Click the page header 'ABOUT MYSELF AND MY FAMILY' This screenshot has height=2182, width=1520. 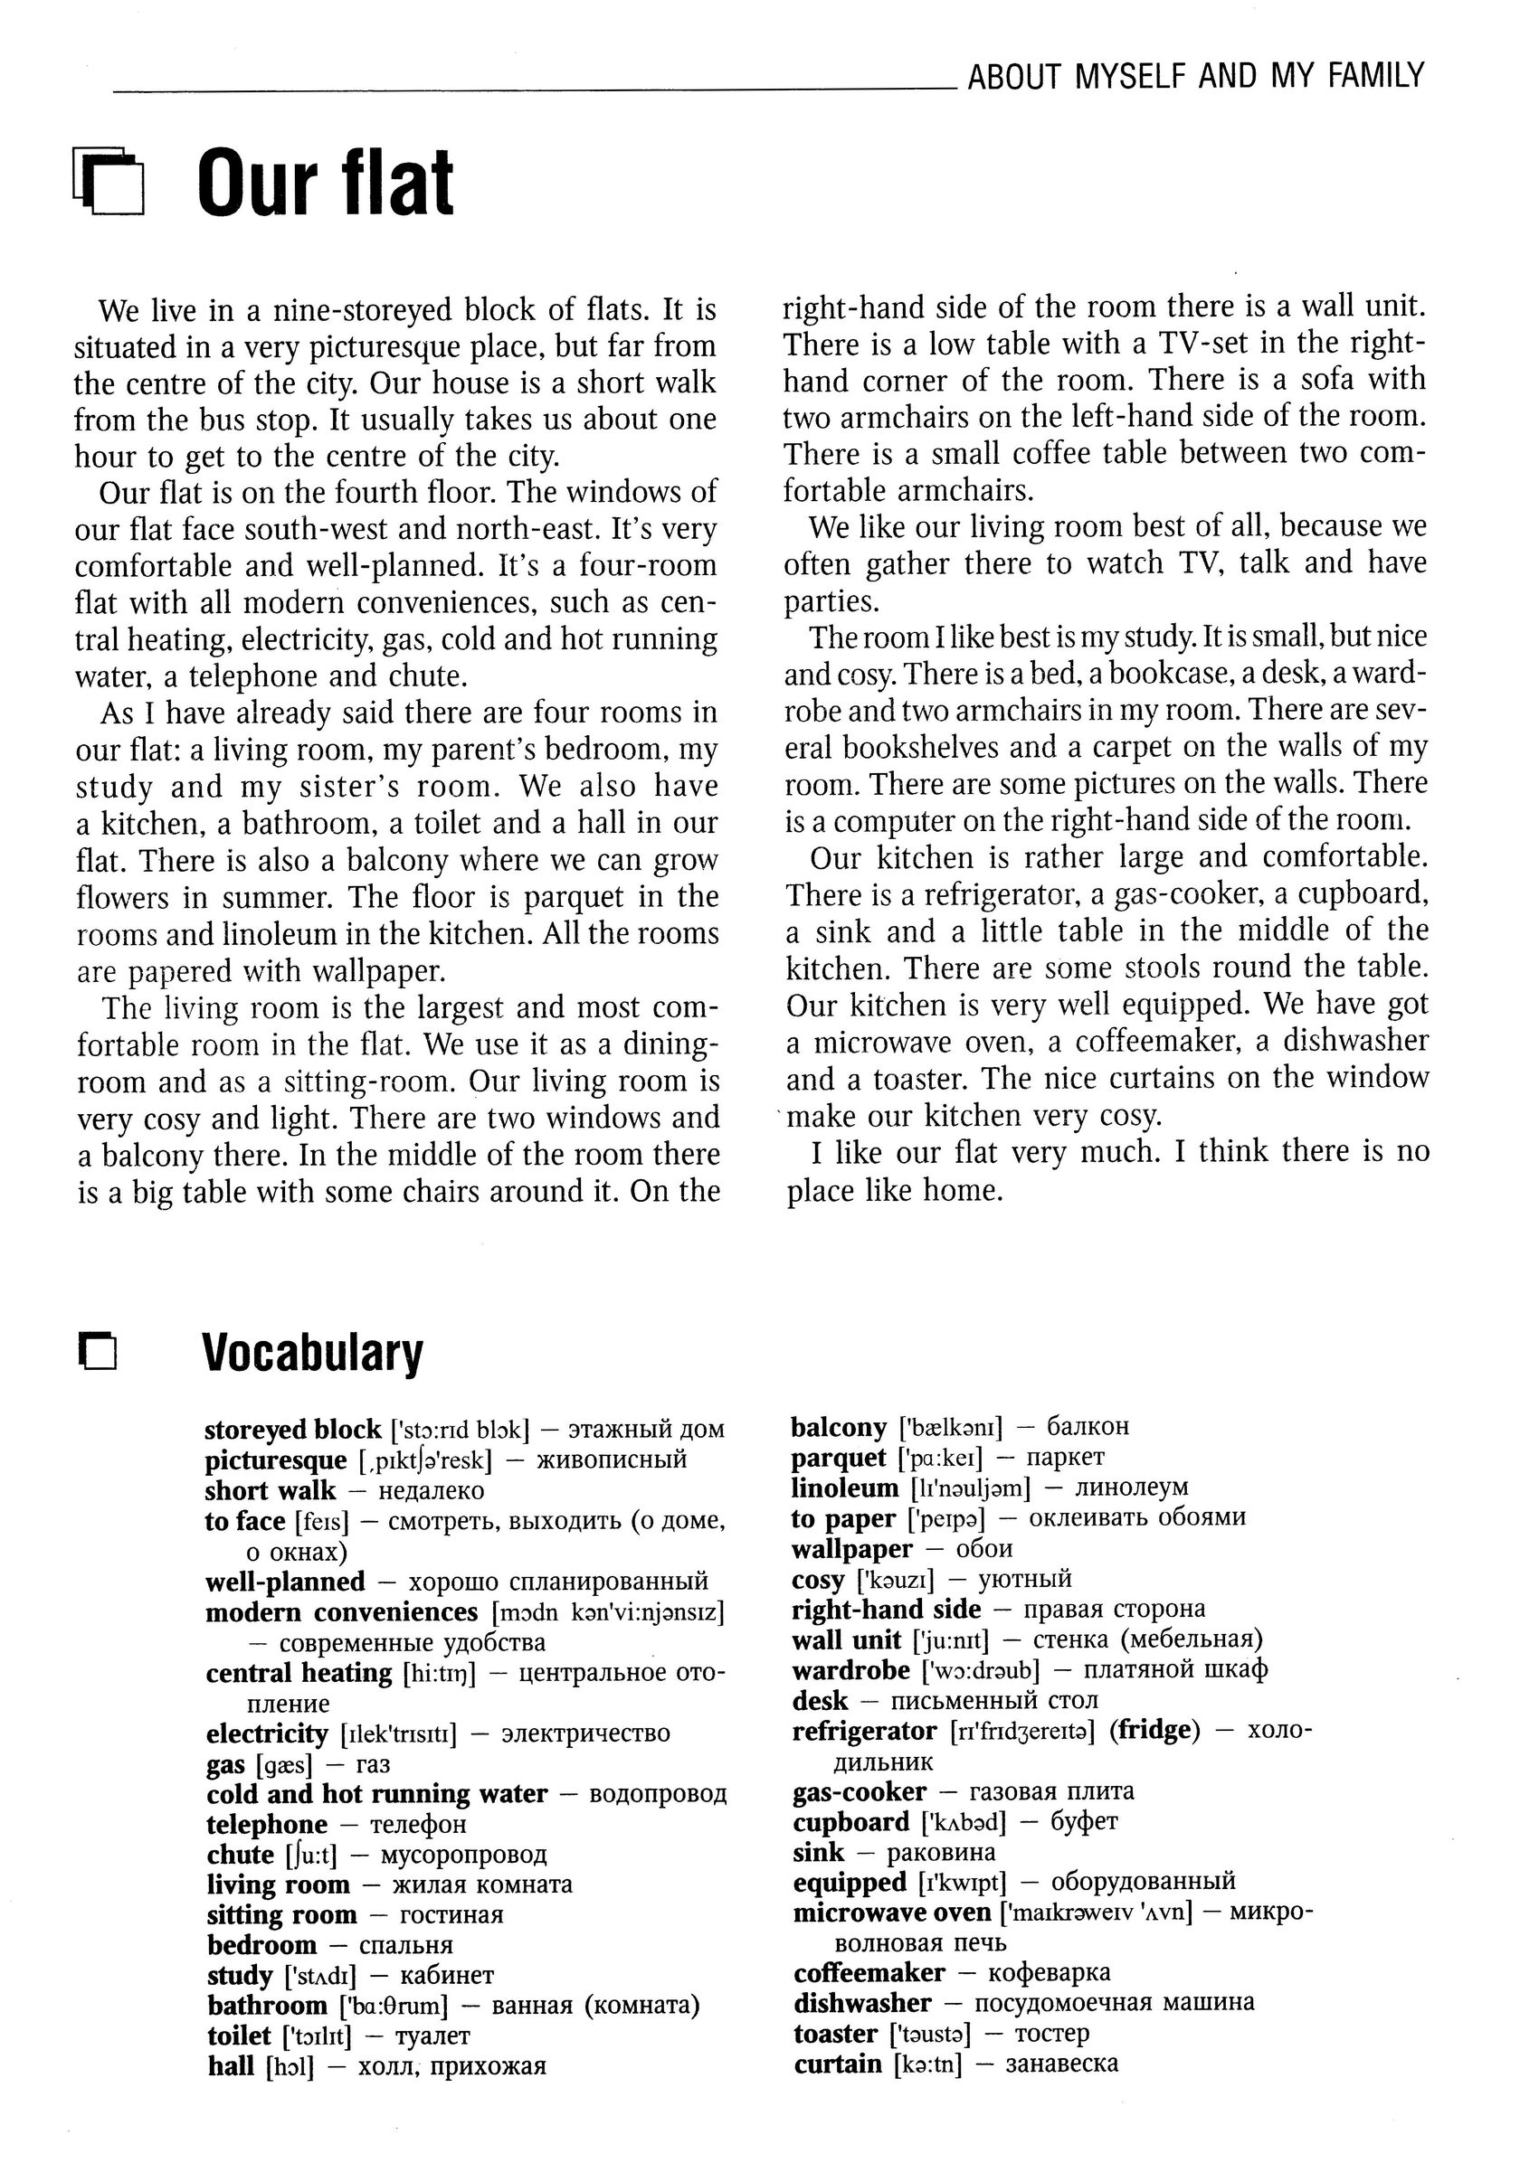coord(1196,76)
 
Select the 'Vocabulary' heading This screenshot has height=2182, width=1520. coord(313,1353)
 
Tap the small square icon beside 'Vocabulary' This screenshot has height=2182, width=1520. coord(98,1354)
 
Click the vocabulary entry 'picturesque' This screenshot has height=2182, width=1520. coord(276,1459)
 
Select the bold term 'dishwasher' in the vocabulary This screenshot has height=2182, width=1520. coord(862,2002)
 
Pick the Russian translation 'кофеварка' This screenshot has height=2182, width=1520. coord(1049,1973)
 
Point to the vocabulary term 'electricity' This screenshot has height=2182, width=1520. coord(267,1733)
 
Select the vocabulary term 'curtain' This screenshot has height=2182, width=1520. coord(838,2064)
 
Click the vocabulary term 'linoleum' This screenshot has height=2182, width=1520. coord(844,1488)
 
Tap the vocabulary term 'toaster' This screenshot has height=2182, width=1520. coord(834,2033)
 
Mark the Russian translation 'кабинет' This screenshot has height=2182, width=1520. coord(447,1976)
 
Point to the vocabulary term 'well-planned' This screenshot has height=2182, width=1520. coord(285,1582)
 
